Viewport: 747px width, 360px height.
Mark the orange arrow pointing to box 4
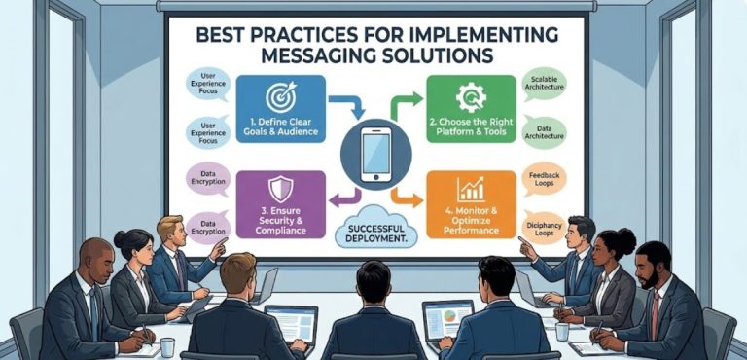[409, 199]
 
